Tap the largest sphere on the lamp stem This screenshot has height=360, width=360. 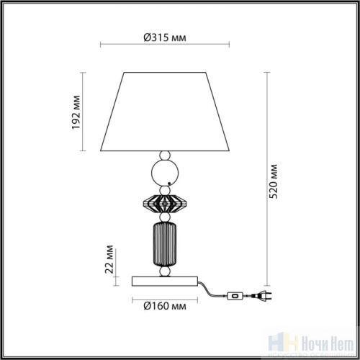tap(166, 173)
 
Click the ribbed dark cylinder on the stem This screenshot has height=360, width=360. tap(165, 245)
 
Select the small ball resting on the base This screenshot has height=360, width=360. tap(165, 271)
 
